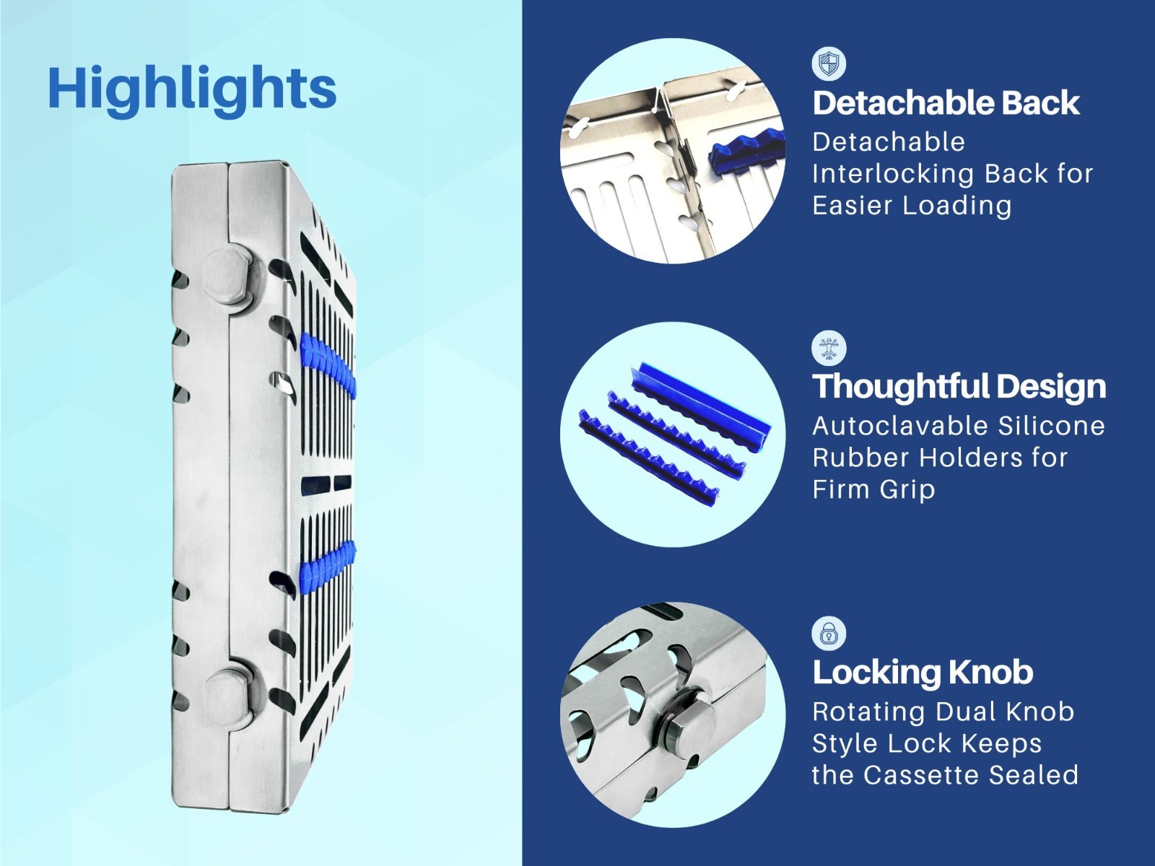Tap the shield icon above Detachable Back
point(829,64)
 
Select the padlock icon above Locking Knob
point(829,634)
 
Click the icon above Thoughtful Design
point(829,348)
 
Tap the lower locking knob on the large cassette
point(227,687)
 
